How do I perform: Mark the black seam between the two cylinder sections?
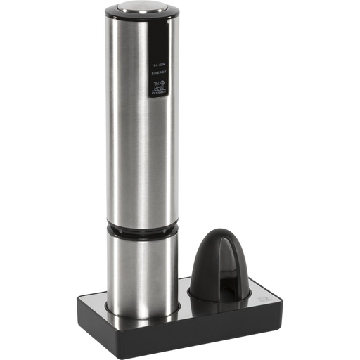point(141,231)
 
